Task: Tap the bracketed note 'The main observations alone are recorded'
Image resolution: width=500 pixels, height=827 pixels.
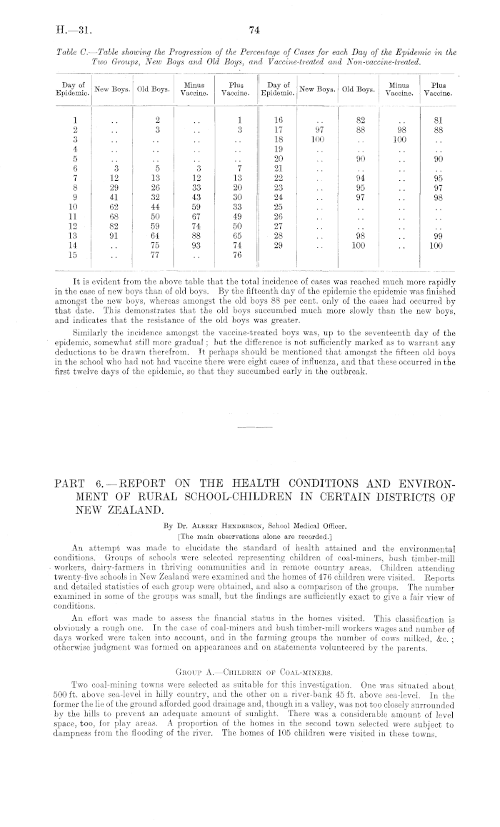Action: (254, 515)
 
